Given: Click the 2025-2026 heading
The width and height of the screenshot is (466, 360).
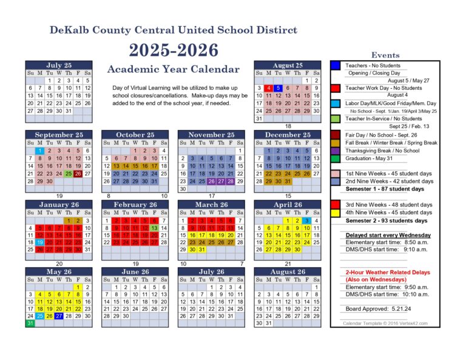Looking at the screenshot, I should point(174,51).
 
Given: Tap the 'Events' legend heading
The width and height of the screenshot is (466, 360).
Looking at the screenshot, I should point(385,55).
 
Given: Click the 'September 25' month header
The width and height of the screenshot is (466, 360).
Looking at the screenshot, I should point(58,135).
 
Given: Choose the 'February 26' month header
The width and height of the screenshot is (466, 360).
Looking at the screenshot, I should point(135,205).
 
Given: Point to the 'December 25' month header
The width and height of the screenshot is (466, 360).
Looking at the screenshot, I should point(288,135).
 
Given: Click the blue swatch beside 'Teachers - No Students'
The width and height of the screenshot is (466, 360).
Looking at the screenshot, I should point(336,66).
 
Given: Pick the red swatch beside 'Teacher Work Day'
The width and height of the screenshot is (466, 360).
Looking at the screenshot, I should point(336,88).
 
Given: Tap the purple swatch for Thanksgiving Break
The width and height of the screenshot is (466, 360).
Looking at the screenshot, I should point(336,151).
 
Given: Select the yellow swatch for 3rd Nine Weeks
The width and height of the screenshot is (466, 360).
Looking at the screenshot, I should point(336,205).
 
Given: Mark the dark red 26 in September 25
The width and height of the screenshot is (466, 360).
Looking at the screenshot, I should point(78,174).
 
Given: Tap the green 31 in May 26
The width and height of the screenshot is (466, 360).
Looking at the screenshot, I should point(30,324).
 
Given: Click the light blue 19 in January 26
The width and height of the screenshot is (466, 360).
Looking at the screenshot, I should point(40,242).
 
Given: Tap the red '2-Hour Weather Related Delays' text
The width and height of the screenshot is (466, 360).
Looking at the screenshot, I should point(387,272).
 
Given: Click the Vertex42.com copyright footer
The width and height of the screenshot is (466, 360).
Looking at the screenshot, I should point(385,324).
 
